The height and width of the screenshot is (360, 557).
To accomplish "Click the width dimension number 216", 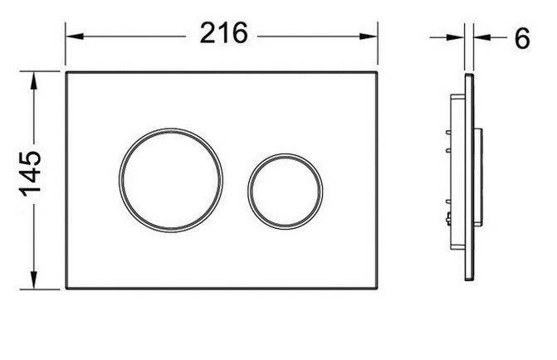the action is pos(223,32).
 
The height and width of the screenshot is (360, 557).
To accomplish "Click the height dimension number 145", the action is pos(30,174).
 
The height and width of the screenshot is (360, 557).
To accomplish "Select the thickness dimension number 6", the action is pos(522,38).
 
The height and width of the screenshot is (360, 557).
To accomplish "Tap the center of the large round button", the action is pos(171,180).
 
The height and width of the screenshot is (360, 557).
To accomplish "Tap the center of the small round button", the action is pos(286,191).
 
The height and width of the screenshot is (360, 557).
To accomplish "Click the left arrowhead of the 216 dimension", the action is pos(75,36).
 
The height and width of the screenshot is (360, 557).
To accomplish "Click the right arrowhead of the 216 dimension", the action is pos(368,36).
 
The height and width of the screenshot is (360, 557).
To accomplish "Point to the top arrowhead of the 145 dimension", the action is pos(34,81).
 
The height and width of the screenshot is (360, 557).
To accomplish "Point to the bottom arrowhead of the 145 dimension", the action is pos(34,280).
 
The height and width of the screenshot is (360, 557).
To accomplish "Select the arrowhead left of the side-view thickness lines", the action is pos(456,37).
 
